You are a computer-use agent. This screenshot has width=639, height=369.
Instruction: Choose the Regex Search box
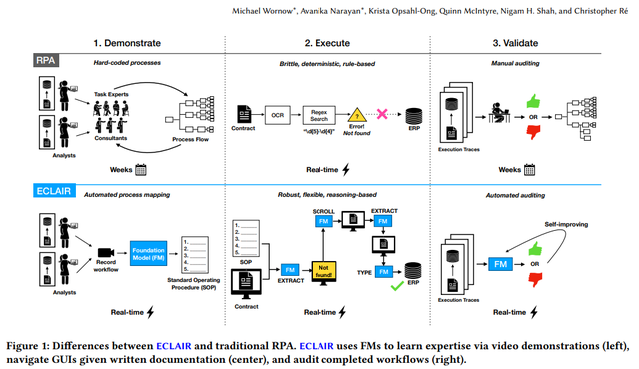[319, 115]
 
